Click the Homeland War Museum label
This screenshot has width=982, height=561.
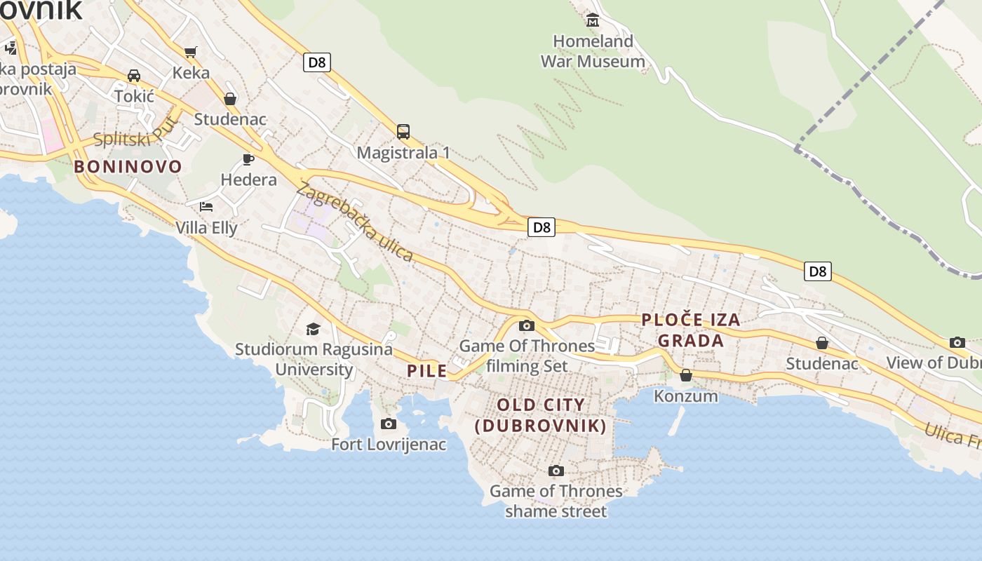[593, 51]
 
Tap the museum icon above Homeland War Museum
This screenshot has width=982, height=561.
[593, 20]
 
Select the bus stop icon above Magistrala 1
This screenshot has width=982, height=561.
[403, 131]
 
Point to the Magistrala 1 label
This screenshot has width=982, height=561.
[403, 153]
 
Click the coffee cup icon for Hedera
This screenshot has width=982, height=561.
[248, 159]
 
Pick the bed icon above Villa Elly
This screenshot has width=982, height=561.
[206, 206]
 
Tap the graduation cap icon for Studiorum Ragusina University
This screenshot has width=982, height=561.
[313, 328]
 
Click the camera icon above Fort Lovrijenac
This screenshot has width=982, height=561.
[388, 424]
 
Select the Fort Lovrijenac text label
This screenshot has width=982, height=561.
[389, 445]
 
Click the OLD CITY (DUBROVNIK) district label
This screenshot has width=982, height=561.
[540, 415]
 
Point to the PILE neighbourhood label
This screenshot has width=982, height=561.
[427, 371]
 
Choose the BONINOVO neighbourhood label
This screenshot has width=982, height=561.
[128, 167]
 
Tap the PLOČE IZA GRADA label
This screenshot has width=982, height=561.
[691, 330]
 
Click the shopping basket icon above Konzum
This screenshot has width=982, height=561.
[686, 375]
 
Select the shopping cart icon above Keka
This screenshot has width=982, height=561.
[190, 51]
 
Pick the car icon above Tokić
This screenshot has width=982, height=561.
[133, 76]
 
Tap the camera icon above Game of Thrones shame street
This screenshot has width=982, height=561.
[556, 471]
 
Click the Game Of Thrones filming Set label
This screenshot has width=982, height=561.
[527, 356]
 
